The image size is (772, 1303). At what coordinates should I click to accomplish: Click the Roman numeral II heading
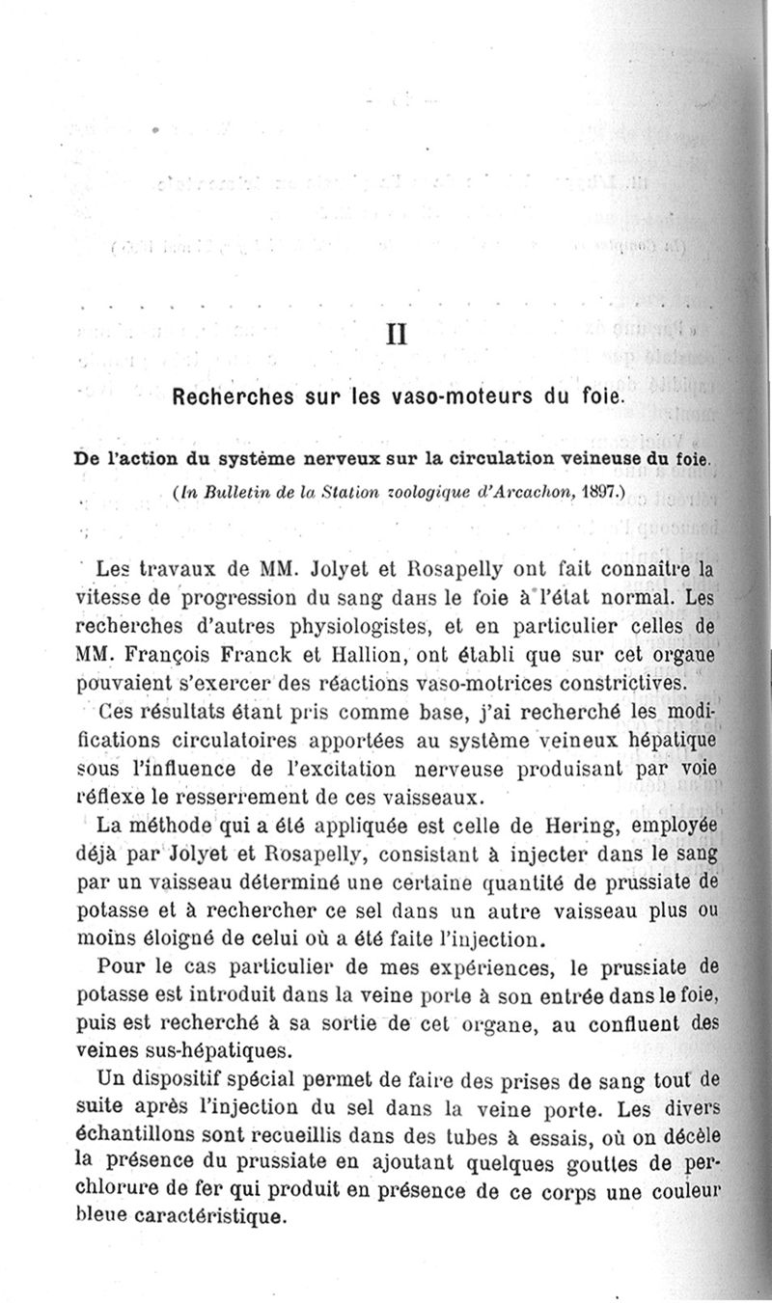point(396,335)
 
